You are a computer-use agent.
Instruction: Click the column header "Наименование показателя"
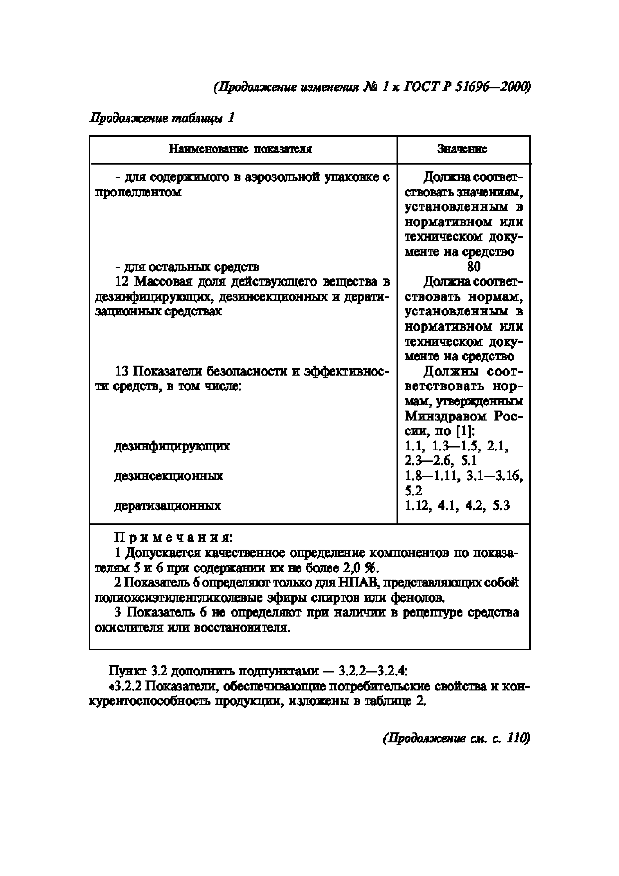tap(240, 149)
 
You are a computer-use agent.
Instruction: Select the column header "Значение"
tap(462, 149)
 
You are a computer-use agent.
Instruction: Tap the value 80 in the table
tap(474, 266)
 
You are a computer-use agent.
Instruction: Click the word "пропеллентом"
tap(138, 192)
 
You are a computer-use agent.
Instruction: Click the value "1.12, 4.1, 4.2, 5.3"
tap(457, 505)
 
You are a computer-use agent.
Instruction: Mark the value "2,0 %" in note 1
tap(360, 568)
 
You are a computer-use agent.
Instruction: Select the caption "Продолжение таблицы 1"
tap(161, 118)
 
